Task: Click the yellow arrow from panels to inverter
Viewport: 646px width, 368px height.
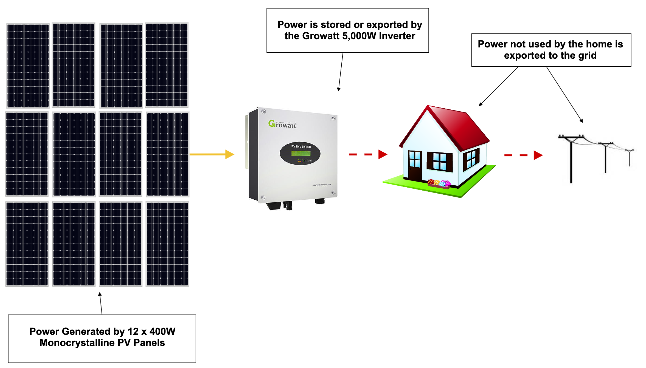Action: coord(211,154)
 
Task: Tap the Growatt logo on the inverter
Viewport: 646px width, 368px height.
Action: coord(282,124)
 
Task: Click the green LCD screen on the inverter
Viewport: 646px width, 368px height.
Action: coord(301,153)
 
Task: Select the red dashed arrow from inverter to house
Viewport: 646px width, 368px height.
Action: coord(368,154)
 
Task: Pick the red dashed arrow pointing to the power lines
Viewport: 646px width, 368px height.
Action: coord(523,155)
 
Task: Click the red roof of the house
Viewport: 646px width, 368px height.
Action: coord(458,126)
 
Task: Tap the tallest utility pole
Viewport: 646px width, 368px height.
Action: coord(571,159)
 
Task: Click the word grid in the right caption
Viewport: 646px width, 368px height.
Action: coord(587,56)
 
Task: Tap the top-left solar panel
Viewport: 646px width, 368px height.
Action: coord(28,65)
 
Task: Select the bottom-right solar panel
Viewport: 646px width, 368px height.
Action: coord(167,244)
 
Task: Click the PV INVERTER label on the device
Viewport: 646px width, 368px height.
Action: coord(301,147)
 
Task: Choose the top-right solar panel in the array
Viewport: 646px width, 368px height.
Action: coord(167,65)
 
